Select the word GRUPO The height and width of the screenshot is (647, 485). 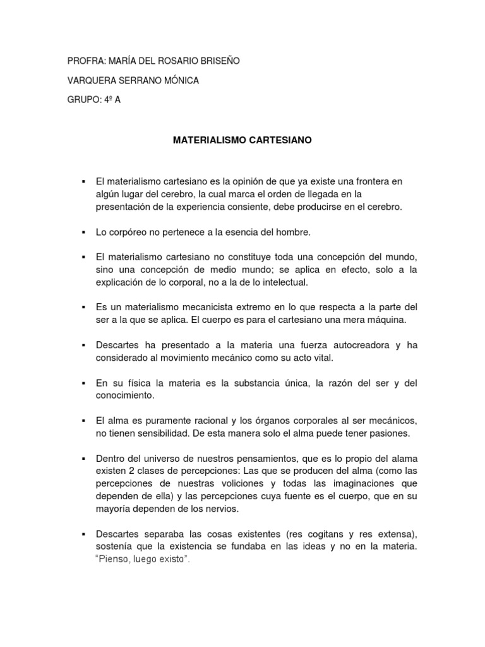pyautogui.click(x=83, y=100)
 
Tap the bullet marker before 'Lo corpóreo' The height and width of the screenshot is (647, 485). pyautogui.click(x=83, y=232)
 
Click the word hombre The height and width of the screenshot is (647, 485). pyautogui.click(x=295, y=232)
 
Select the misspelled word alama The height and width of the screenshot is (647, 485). pyautogui.click(x=403, y=458)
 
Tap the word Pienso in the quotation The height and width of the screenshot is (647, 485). pyautogui.click(x=111, y=560)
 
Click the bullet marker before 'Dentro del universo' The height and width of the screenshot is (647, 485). pyautogui.click(x=83, y=458)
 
